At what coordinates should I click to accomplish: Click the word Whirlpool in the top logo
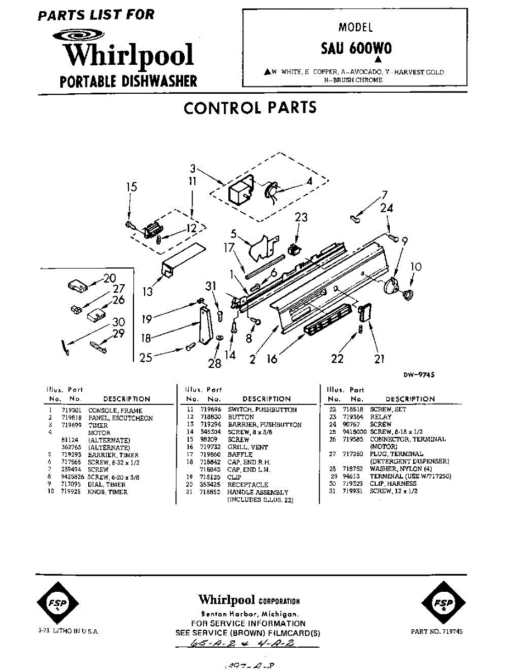tap(128, 55)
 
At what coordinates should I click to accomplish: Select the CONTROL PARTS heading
tap(250, 107)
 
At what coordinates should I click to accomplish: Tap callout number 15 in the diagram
tap(131, 187)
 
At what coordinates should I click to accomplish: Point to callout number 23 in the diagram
tap(301, 217)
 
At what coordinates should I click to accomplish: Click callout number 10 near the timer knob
tap(416, 267)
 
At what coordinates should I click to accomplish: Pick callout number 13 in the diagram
tap(147, 291)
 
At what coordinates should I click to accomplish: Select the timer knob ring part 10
tap(408, 294)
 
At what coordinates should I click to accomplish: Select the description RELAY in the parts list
tap(381, 417)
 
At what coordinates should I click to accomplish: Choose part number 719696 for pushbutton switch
tap(211, 410)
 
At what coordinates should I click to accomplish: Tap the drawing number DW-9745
tap(419, 375)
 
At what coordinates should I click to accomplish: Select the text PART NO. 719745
tap(437, 631)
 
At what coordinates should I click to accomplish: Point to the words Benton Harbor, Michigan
tap(248, 613)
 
